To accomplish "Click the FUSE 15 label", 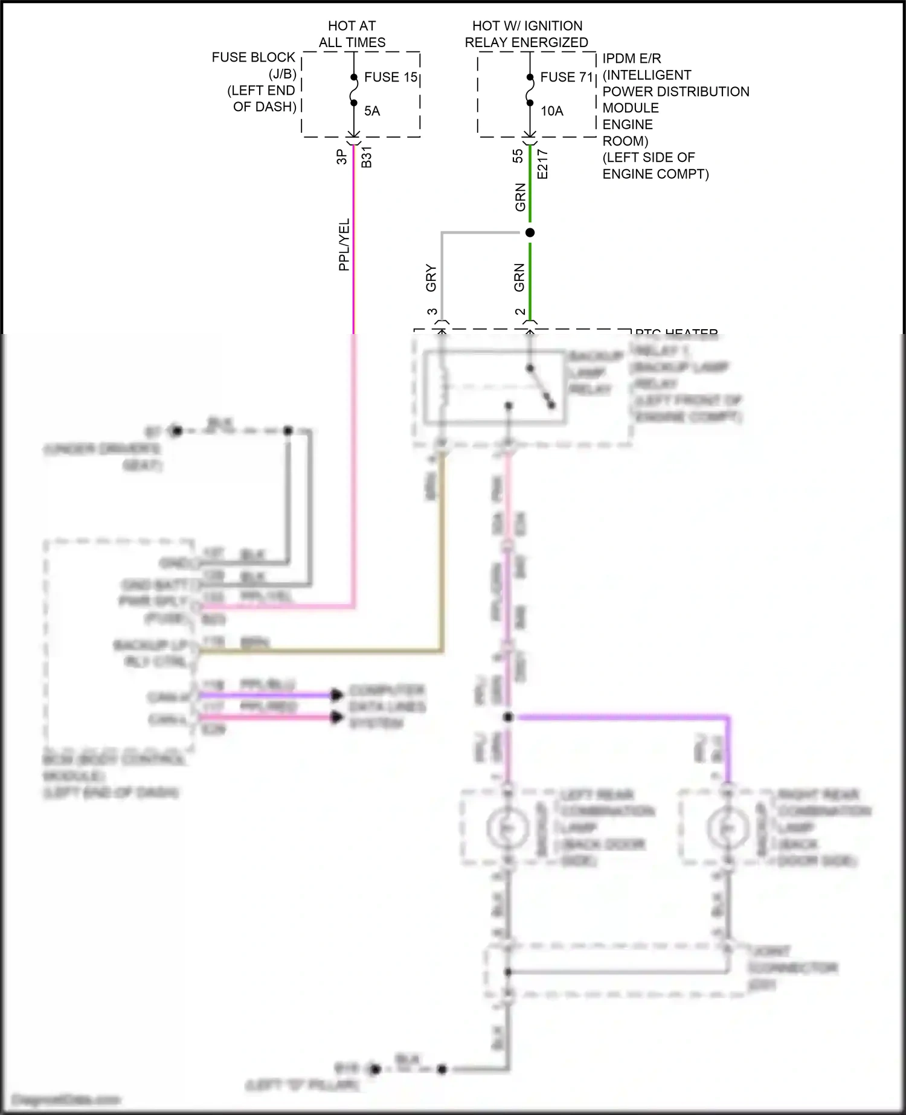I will pyautogui.click(x=391, y=77).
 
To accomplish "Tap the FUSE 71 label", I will pyautogui.click(x=567, y=77).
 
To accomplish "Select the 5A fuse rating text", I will pyautogui.click(x=372, y=111).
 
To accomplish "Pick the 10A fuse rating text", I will pyautogui.click(x=551, y=111).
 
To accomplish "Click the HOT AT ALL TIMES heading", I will pyautogui.click(x=352, y=34).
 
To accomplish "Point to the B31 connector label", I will pyautogui.click(x=367, y=157).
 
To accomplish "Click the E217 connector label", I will pyautogui.click(x=542, y=164).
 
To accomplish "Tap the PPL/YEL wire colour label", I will pyautogui.click(x=344, y=245).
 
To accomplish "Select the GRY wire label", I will pyautogui.click(x=431, y=277).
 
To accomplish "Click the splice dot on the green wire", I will pyautogui.click(x=530, y=233).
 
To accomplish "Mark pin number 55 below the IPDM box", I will pyautogui.click(x=518, y=156).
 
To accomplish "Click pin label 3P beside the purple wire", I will pyautogui.click(x=341, y=157).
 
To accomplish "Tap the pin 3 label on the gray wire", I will pyautogui.click(x=432, y=312).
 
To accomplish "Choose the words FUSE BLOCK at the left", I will pyautogui.click(x=253, y=57).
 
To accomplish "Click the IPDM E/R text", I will pyautogui.click(x=631, y=59).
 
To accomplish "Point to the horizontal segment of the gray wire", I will pyautogui.click(x=480, y=233).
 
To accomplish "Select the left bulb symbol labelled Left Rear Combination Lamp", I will pyautogui.click(x=508, y=828).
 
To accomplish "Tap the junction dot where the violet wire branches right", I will pyautogui.click(x=508, y=717).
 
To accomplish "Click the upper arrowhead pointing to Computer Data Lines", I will pyautogui.click(x=336, y=695).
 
